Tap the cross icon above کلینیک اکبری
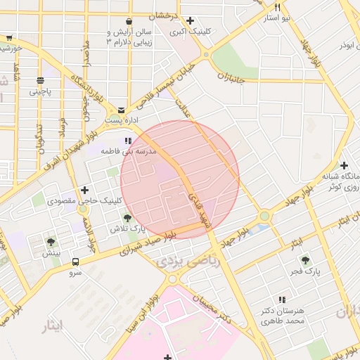pyautogui.click(x=190, y=21)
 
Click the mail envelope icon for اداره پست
pyautogui.click(x=122, y=110)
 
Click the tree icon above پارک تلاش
pyautogui.click(x=127, y=218)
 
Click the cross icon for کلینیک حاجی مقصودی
pyautogui.click(x=85, y=190)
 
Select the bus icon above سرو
pyautogui.click(x=75, y=262)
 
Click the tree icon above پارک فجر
pyautogui.click(x=305, y=260)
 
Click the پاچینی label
pyautogui.click(x=41, y=91)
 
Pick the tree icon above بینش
pyautogui.click(x=50, y=242)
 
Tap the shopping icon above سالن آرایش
pyautogui.click(x=128, y=22)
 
